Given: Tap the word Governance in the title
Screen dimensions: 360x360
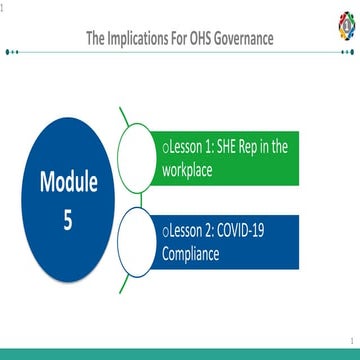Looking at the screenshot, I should point(242,39).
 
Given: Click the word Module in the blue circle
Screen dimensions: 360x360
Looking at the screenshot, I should point(69,182).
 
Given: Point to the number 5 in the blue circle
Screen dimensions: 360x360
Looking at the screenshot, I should point(68,220).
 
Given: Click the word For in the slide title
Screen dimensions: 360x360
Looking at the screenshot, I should point(178,39).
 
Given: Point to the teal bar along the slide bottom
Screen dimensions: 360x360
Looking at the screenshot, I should point(180,353).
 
